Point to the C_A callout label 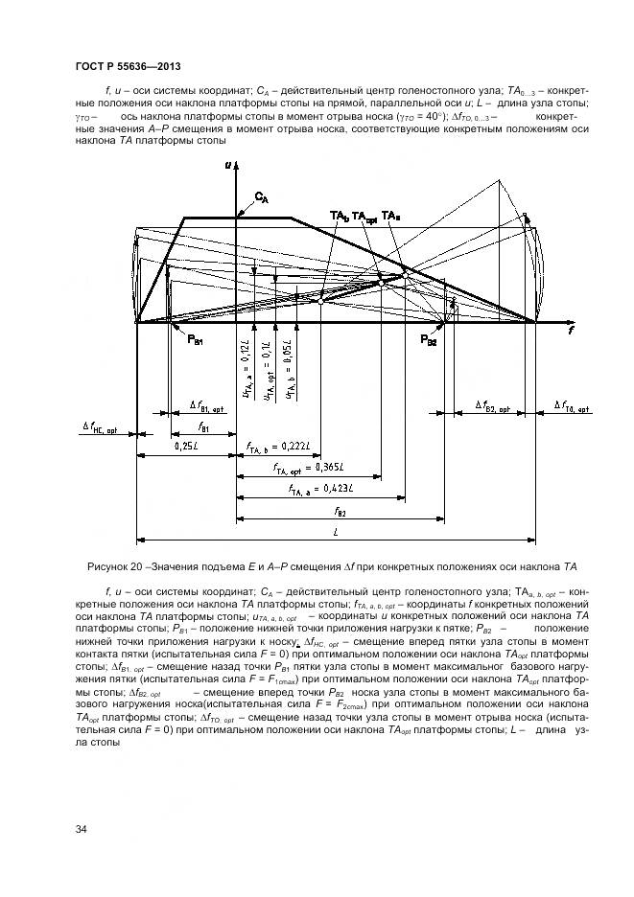point(261,198)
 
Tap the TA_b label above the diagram point(339,216)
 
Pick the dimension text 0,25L point(186,447)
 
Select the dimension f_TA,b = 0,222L point(282,447)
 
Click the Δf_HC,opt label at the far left point(99,430)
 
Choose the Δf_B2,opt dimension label point(496,406)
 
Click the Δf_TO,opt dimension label point(575,406)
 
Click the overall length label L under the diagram point(335,532)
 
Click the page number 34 point(81,828)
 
